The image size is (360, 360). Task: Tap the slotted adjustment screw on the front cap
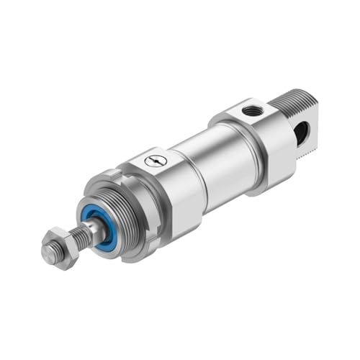(156, 161)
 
